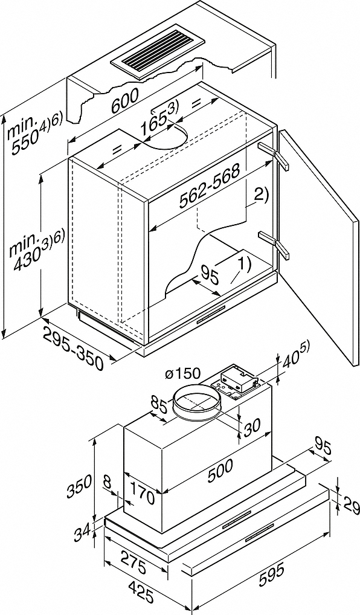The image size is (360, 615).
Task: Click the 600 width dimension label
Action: pyautogui.click(x=124, y=101)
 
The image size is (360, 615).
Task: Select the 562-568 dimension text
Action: pyautogui.click(x=209, y=187)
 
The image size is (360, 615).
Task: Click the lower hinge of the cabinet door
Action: pyautogui.click(x=274, y=243)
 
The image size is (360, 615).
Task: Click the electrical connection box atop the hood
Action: pyautogui.click(x=237, y=380)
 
